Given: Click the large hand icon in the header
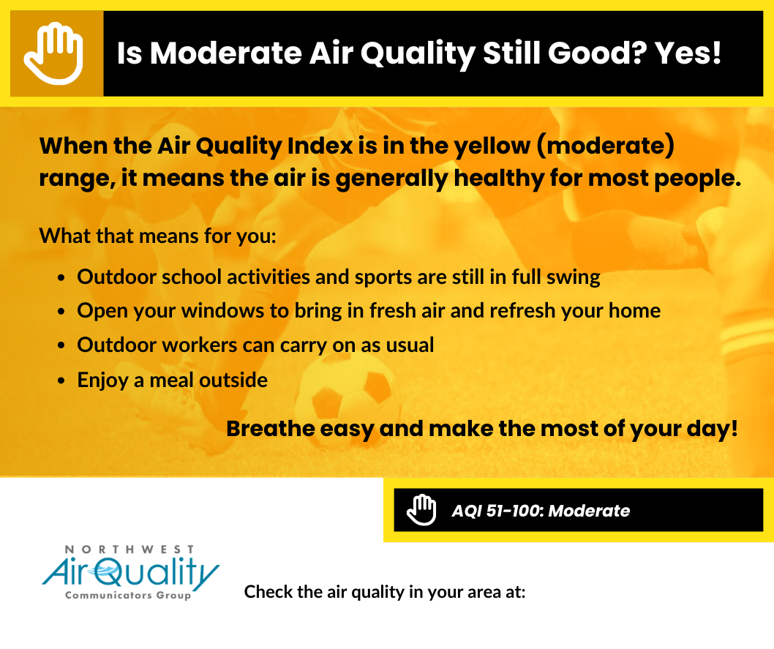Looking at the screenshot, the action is pos(54,53).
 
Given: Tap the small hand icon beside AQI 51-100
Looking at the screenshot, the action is pos(421,510).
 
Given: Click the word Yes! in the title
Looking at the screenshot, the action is pos(688,53).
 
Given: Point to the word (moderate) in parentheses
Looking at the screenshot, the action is pos(606,146).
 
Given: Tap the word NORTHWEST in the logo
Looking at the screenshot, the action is pos(129,549).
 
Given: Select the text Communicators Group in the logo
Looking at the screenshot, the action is pos(128,595).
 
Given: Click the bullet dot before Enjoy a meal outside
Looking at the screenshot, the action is pos(61,381).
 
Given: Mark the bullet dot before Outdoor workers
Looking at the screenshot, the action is pos(61,345).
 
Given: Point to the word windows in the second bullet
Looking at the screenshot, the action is pos(222,311).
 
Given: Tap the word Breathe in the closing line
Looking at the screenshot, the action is pos(270,428).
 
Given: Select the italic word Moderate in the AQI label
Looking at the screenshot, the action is pos(590,510).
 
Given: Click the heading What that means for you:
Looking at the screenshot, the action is pos(157,236).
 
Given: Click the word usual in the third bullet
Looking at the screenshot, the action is pos(410,345).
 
